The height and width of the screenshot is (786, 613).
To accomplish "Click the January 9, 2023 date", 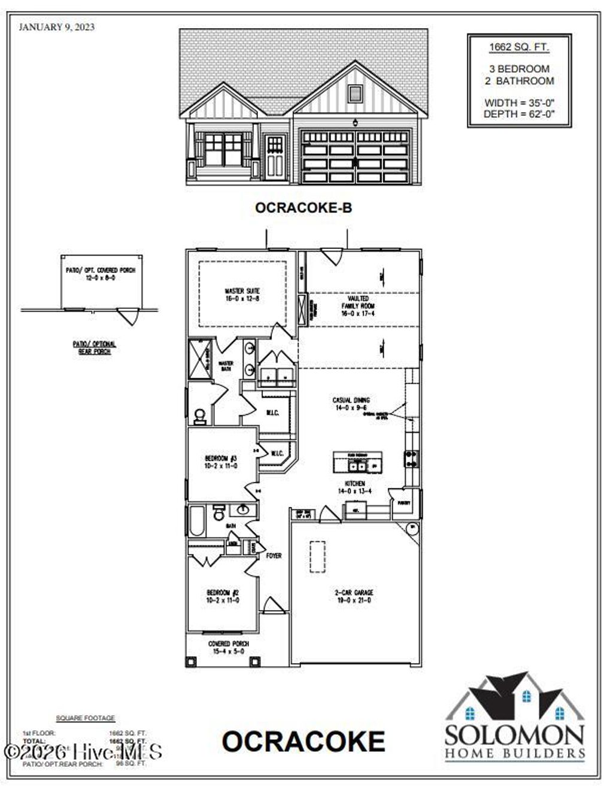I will click(x=57, y=27).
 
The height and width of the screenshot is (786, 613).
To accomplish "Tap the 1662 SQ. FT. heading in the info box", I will click(x=519, y=47).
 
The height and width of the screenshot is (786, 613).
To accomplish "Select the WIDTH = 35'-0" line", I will click(x=519, y=103).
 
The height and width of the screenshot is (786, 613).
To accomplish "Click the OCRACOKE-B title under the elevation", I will click(x=304, y=208).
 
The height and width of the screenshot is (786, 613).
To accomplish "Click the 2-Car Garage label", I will click(x=354, y=596).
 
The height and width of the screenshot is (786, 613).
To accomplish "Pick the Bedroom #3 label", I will click(x=221, y=462).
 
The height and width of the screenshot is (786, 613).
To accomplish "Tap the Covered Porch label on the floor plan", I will click(x=228, y=647).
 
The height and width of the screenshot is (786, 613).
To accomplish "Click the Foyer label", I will click(x=274, y=556).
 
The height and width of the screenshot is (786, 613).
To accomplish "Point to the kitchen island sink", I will click(x=358, y=465).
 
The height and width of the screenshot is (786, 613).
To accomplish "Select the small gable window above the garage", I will click(x=355, y=93).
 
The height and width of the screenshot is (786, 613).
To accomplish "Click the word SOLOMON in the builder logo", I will click(x=514, y=735).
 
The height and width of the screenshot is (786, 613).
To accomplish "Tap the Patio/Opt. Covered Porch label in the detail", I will click(x=101, y=274).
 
